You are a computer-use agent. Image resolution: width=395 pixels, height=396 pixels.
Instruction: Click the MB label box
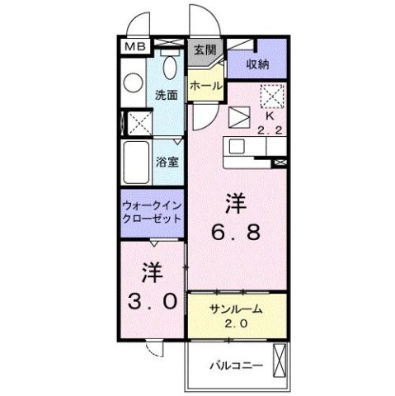tap(131, 48)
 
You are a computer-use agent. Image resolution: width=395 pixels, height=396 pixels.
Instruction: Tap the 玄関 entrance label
tap(205, 49)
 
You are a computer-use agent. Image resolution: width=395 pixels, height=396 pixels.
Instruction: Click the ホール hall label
tap(205, 85)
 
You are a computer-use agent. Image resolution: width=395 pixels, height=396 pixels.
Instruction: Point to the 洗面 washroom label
tap(167, 94)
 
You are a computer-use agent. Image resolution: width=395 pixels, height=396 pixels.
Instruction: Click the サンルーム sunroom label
tap(236, 308)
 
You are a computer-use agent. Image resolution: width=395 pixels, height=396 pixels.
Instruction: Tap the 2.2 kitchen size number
tap(268, 130)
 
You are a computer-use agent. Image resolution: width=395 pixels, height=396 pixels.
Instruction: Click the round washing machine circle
tap(134, 81)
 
